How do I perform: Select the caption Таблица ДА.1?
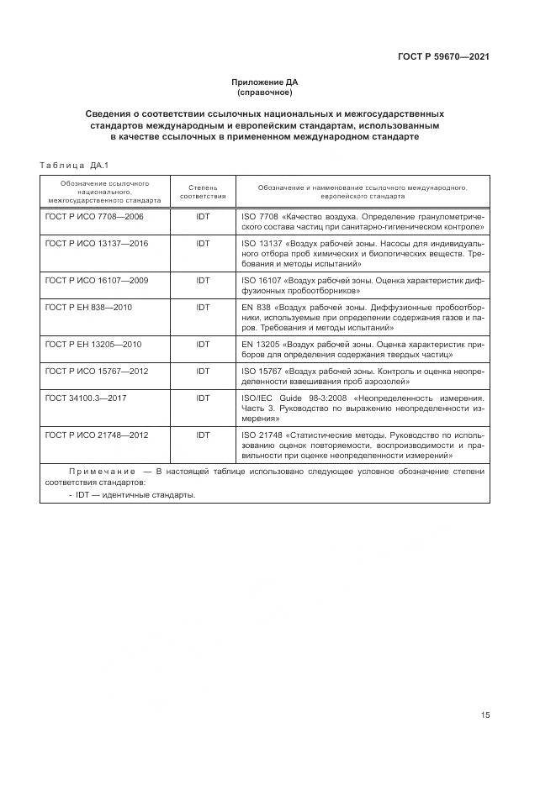coord(75,165)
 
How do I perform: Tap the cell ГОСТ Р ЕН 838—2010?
coord(88,307)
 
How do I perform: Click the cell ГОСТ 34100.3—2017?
coord(85,398)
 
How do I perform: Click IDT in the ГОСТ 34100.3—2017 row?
coord(203,398)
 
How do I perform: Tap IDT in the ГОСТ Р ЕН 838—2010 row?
coord(203,307)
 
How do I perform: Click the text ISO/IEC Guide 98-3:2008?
coord(291,398)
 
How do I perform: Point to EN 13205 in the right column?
coord(260,344)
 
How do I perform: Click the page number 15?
coord(485,715)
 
